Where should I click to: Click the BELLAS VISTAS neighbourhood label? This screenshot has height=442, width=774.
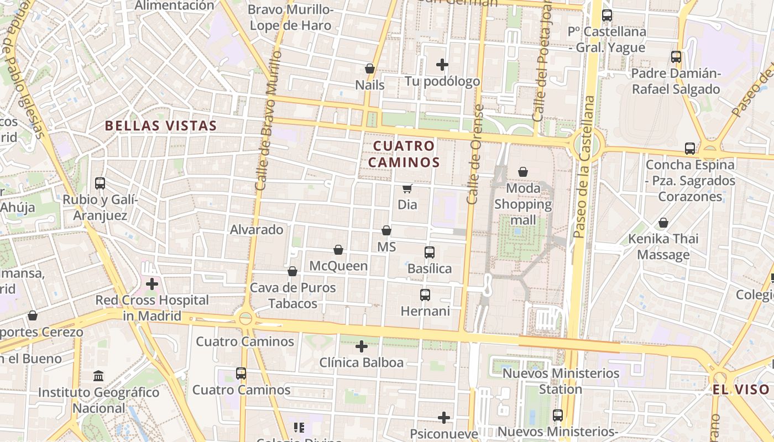tap(161, 126)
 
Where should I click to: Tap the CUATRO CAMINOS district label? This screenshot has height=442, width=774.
tap(404, 154)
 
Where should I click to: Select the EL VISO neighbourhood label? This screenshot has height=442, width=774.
tap(740, 390)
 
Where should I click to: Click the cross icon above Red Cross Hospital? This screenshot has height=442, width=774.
tap(151, 284)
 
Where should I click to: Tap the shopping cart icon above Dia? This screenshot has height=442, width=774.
tap(407, 189)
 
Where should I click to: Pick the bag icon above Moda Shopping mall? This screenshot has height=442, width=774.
tap(523, 172)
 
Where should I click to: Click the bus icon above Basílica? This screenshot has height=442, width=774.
tap(430, 252)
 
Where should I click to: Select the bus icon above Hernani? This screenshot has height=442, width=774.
tap(425, 295)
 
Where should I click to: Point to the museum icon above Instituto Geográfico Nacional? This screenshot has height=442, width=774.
tap(99, 376)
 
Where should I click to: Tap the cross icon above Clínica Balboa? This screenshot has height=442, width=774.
tap(362, 347)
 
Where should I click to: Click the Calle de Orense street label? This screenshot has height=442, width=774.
tap(474, 155)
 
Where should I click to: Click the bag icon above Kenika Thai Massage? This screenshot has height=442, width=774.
tap(663, 223)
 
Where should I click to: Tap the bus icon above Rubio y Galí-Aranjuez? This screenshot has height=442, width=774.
tap(100, 183)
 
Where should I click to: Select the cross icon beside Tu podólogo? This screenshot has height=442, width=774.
tap(442, 65)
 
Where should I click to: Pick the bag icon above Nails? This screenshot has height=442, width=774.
tap(370, 69)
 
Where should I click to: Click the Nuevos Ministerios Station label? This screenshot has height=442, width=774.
tap(561, 381)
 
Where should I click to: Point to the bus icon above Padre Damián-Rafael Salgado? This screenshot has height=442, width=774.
tap(676, 57)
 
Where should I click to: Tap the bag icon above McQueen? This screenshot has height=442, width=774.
tap(338, 250)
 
